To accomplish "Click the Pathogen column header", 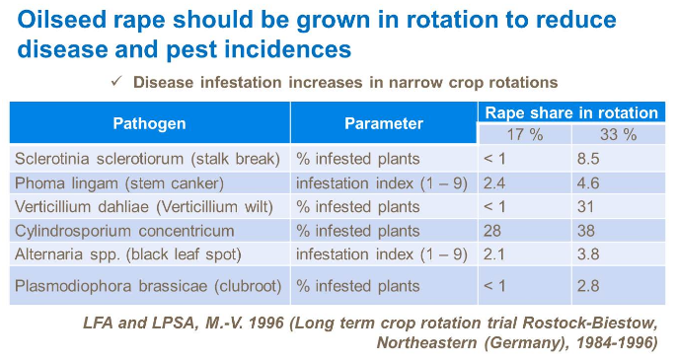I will [149, 123].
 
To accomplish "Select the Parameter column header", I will [383, 123].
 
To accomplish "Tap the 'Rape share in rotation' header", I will [570, 112].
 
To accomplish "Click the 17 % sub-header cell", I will [524, 134].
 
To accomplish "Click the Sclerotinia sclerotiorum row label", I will [149, 158].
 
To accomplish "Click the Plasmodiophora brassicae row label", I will [149, 286].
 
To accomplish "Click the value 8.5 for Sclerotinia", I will [590, 158].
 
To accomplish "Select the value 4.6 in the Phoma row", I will [590, 182].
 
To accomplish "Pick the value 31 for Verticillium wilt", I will [587, 207].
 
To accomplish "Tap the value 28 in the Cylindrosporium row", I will [494, 232].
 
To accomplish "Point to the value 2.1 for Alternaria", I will [496, 255].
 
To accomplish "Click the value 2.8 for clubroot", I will [590, 286].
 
